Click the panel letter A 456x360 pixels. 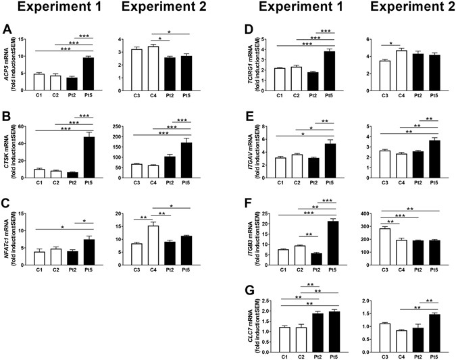pos(7,30)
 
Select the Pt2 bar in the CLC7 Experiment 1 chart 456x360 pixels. pos(317,317)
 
